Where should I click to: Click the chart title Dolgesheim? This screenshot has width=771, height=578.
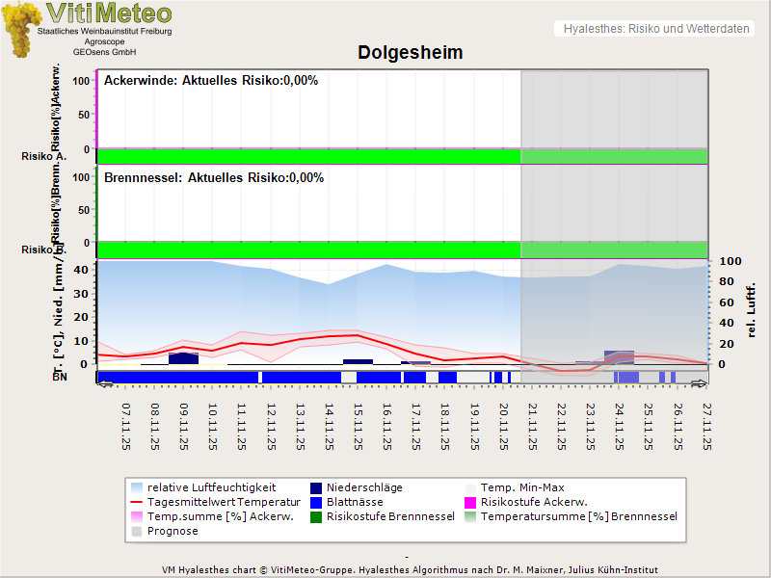[411, 53]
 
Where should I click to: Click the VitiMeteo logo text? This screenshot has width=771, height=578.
[109, 13]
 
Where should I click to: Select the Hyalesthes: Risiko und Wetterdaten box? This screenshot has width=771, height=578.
[655, 29]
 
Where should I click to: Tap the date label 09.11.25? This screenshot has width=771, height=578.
[184, 427]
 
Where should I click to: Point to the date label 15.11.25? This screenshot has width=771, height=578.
[359, 427]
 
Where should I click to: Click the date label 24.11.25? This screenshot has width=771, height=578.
[620, 427]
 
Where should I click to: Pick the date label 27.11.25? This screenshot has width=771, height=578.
[706, 427]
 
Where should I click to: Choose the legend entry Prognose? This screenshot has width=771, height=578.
[173, 531]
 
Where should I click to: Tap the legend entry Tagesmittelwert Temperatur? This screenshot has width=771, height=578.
[215, 502]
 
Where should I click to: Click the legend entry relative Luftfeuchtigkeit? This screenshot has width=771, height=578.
[211, 487]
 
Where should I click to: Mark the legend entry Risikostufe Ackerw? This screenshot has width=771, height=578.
[533, 502]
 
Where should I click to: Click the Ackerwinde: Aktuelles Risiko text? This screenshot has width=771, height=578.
[211, 81]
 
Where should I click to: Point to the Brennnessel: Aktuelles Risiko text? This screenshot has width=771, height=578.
[214, 178]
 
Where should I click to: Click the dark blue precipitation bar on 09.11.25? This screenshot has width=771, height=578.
[183, 358]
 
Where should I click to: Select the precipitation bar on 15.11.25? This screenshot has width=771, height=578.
[358, 361]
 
